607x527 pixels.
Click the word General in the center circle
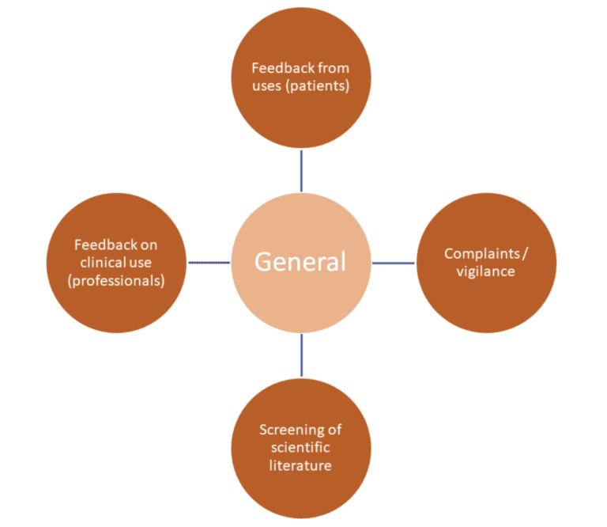click(300, 262)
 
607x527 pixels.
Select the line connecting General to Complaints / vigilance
click(394, 263)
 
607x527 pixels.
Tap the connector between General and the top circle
click(301, 170)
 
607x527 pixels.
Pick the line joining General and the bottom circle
click(301, 354)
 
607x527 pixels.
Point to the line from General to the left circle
click(208, 262)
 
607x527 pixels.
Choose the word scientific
click(300, 447)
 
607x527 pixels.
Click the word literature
click(300, 464)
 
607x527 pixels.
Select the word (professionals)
click(116, 280)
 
